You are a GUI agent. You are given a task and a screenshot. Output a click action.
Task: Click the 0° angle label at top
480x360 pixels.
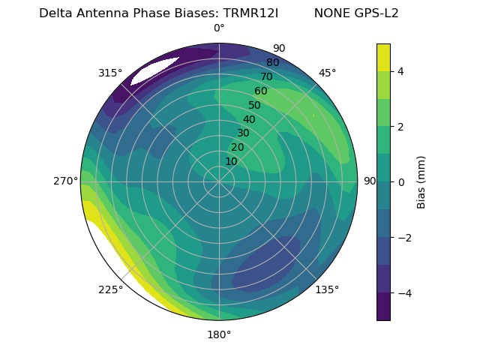(219, 28)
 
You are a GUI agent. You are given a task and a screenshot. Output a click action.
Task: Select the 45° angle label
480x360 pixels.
(327, 73)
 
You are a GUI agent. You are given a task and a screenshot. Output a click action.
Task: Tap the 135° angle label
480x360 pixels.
(327, 289)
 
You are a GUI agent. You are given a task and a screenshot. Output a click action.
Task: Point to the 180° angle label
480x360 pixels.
(219, 334)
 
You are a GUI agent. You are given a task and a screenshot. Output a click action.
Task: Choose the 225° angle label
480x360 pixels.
(110, 290)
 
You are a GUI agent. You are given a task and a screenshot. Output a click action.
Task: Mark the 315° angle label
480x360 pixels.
(110, 73)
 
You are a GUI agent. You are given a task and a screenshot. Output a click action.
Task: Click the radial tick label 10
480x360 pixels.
(231, 161)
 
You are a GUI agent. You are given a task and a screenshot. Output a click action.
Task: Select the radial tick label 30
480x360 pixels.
(243, 133)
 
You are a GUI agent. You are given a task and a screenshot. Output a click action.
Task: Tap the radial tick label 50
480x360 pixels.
(255, 105)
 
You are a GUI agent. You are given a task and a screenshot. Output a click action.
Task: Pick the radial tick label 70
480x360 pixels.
(266, 76)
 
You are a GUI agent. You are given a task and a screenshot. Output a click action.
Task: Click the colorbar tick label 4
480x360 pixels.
(401, 71)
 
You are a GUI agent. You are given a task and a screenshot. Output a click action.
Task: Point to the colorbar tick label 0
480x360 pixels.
(401, 181)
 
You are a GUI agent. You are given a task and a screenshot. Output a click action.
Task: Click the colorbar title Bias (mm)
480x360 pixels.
(421, 181)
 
